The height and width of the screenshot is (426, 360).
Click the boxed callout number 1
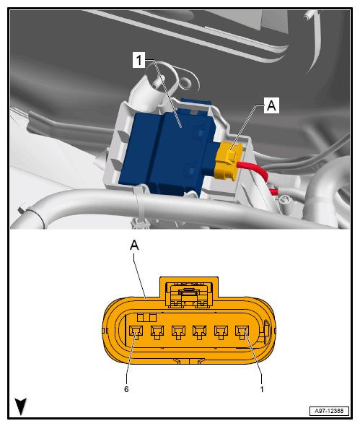[139, 60]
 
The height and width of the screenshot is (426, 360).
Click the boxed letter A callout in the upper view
[271, 105]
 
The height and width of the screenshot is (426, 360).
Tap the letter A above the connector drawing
[134, 245]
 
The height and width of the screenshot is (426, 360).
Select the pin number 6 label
[126, 389]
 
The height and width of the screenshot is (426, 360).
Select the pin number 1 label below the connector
[262, 389]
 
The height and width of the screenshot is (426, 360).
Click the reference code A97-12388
[329, 411]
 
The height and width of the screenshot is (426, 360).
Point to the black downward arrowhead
[21, 407]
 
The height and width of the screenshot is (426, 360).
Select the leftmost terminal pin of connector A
[136, 332]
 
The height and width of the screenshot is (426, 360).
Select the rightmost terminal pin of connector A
[242, 332]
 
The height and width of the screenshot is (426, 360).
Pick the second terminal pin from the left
[157, 332]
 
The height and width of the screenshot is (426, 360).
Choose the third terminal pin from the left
[178, 332]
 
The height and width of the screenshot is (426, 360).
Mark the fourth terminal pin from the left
[199, 332]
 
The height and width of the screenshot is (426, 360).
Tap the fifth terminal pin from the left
[221, 332]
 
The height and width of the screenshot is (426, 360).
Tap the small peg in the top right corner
[307, 16]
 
